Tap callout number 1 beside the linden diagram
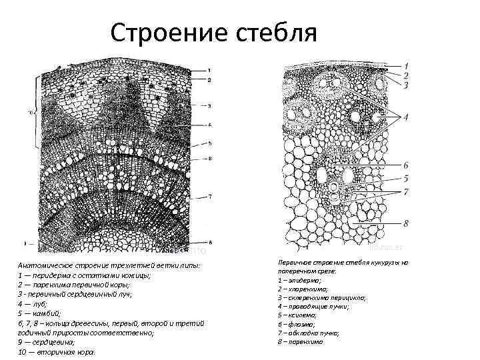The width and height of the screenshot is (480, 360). click(x=209, y=70)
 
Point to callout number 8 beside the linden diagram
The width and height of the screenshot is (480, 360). click(x=209, y=159)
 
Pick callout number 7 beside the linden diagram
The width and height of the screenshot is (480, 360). click(x=209, y=197)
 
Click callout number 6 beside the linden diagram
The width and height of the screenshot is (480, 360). click(x=209, y=242)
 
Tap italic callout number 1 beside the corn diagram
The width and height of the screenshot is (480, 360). click(x=406, y=66)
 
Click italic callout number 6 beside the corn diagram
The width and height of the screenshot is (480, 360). click(x=405, y=164)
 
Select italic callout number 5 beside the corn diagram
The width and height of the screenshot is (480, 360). click(x=405, y=178)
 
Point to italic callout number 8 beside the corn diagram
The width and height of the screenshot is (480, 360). click(x=405, y=223)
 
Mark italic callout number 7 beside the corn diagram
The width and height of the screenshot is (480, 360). click(x=405, y=192)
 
